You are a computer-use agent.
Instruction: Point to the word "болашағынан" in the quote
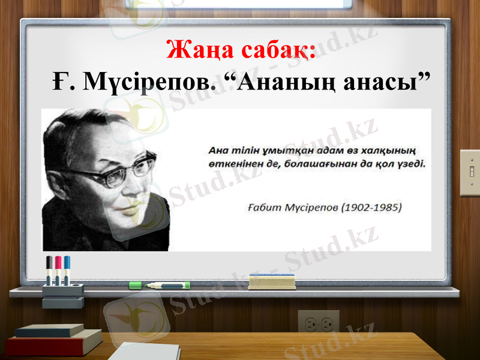318,163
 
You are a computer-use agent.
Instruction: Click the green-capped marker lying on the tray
160,285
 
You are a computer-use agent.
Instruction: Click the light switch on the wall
469,173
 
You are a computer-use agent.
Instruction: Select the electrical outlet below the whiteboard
318,324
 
